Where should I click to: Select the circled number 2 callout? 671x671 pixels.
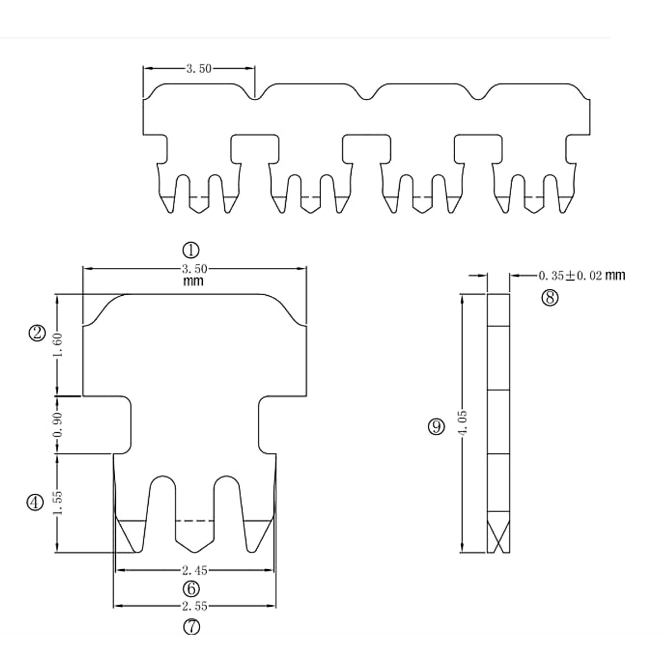click(x=37, y=333)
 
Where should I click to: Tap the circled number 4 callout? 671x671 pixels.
click(x=35, y=503)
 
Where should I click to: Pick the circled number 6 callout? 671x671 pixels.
click(x=191, y=589)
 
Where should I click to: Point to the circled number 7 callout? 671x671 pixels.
click(x=191, y=627)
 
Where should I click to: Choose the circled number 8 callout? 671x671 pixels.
click(x=550, y=297)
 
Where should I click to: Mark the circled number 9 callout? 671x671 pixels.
click(x=436, y=427)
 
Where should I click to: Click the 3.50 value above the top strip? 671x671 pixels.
click(x=199, y=69)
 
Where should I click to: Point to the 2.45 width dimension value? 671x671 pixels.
click(x=194, y=570)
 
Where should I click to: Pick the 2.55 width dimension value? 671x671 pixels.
click(x=194, y=606)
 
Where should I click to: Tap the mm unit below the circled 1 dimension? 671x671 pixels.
click(x=193, y=281)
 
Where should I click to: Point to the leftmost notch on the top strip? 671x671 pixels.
click(x=255, y=97)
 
